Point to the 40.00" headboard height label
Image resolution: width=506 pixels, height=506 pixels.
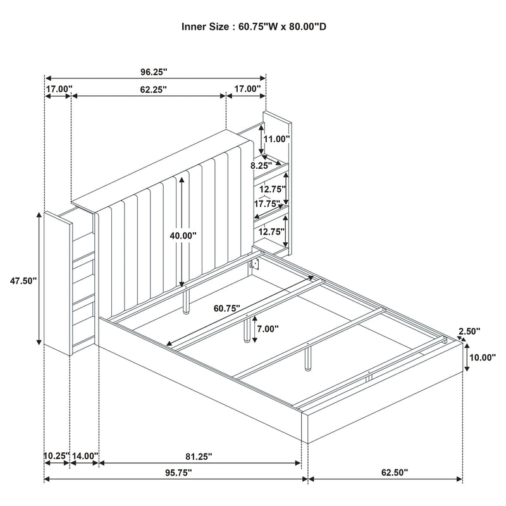183,235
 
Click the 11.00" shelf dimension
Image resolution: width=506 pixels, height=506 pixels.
276,139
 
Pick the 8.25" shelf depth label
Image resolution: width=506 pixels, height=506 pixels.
261,165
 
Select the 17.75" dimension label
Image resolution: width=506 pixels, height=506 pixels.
266,204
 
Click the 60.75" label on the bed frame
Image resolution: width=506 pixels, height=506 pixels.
227,309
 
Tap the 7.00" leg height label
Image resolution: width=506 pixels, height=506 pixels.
268,329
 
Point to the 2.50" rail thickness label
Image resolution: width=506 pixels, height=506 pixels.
470,331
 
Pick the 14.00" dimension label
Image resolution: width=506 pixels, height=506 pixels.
85,455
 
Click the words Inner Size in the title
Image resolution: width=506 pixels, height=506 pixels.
204,27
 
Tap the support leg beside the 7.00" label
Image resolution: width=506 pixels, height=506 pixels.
245,329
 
